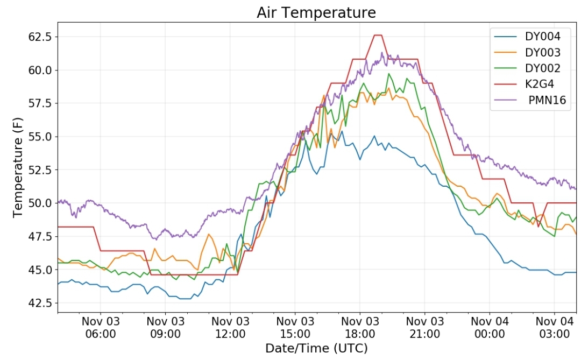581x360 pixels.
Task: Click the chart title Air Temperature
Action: point(316,12)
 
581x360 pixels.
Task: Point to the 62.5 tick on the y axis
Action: point(40,37)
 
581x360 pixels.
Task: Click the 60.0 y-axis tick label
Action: point(40,70)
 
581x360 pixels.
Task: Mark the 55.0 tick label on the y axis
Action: point(40,137)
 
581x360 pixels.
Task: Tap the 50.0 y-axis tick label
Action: point(40,203)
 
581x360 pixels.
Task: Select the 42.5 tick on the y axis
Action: point(40,303)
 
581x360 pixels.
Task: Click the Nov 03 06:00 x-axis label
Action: point(101,327)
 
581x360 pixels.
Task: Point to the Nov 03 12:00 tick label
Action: point(230,327)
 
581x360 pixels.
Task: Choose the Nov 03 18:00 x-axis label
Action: point(360,327)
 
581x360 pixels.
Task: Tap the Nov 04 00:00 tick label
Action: point(490,327)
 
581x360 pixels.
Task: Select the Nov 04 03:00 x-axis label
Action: point(554,327)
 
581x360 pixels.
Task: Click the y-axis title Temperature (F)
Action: point(17,167)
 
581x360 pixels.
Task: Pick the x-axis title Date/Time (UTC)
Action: point(316,348)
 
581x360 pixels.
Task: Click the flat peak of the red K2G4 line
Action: point(378,35)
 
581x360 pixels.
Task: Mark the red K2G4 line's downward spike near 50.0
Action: point(539,227)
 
